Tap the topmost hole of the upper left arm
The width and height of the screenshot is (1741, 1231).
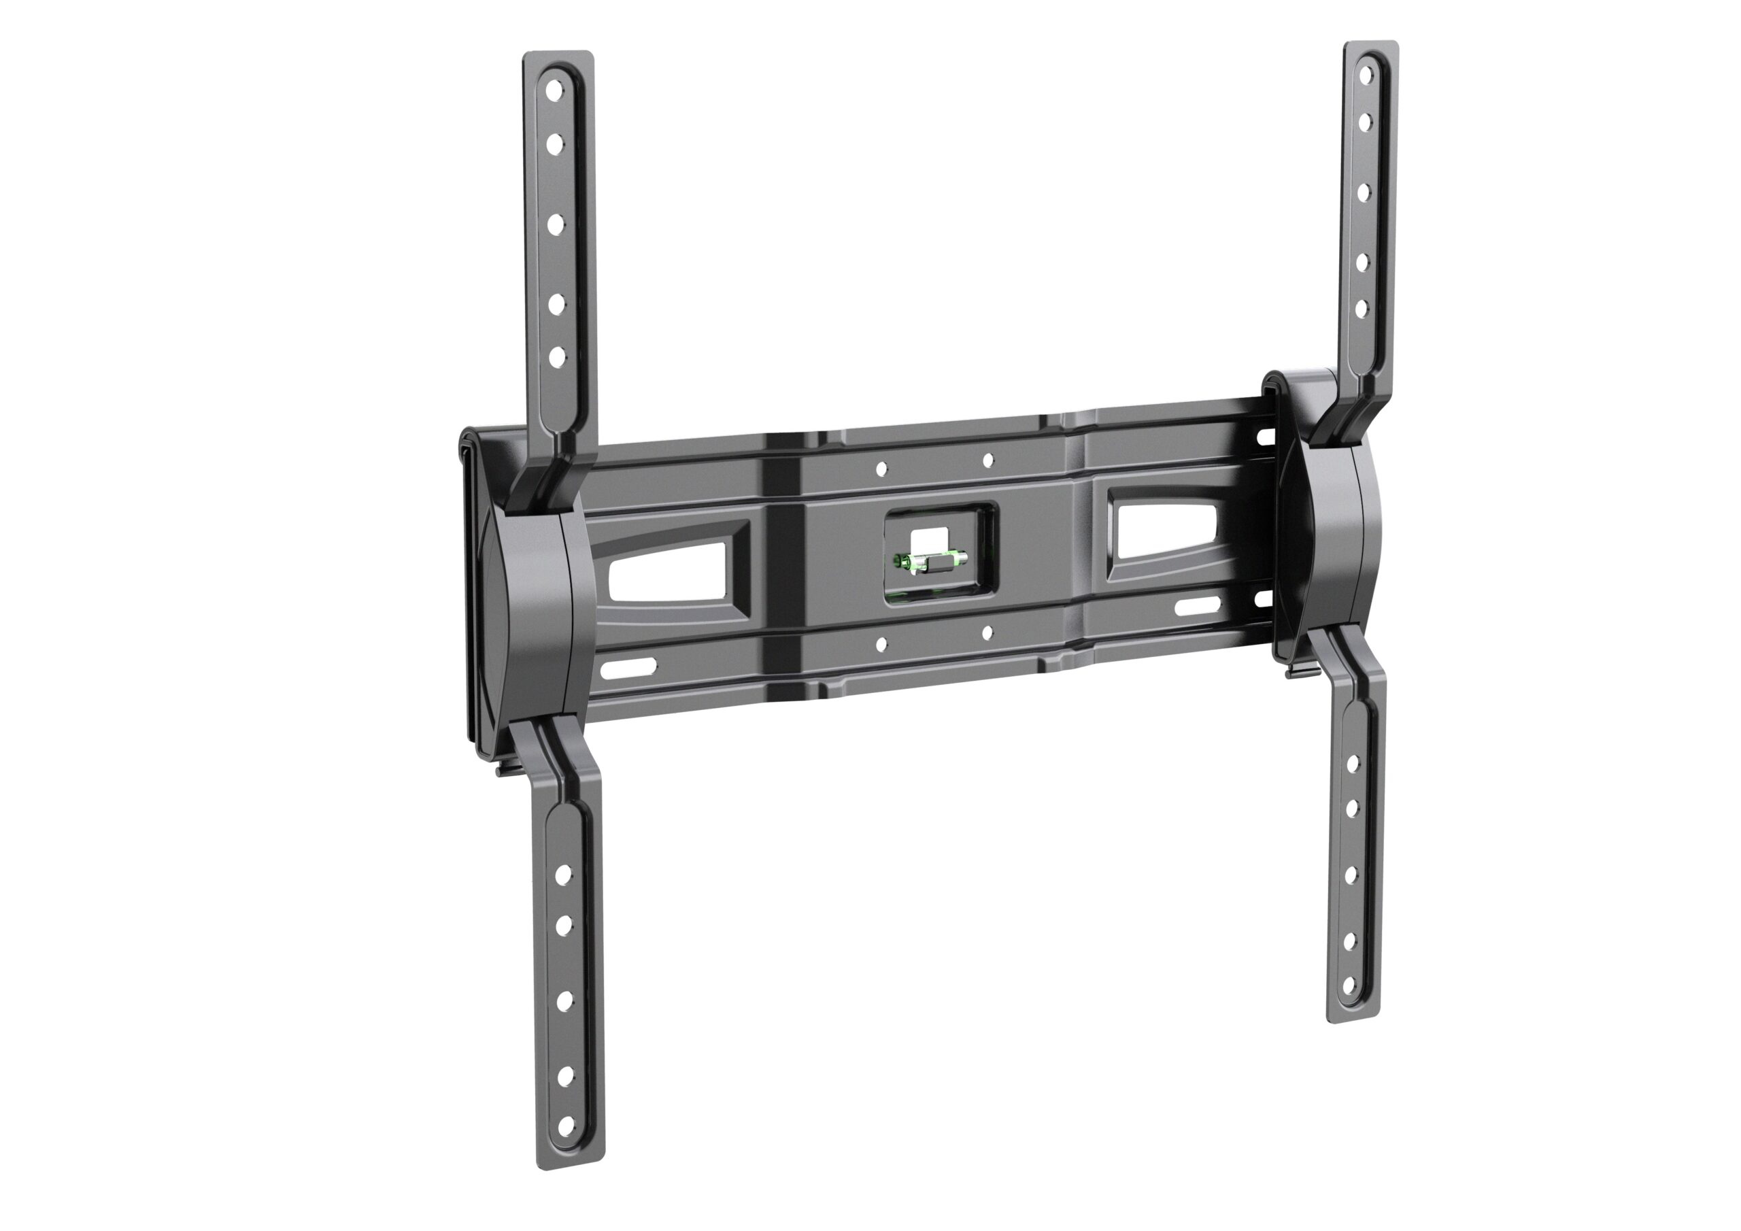point(555,88)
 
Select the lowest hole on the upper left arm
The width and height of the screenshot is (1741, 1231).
point(558,356)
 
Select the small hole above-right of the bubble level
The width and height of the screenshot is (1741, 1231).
point(987,460)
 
